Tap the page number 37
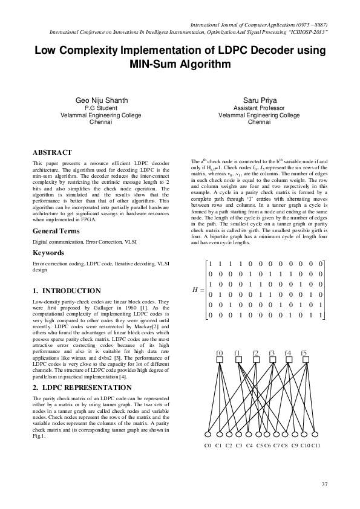324,484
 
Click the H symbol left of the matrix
195,289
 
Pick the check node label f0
220,352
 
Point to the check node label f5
304,352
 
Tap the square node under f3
272,361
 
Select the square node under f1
238,361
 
